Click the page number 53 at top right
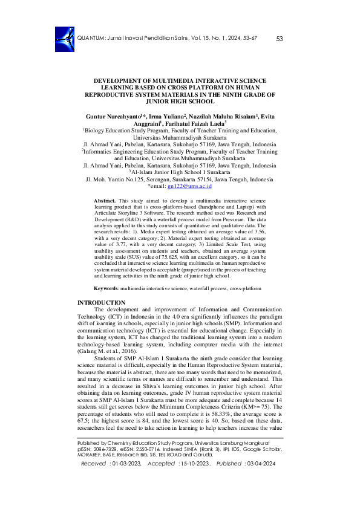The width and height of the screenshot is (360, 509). tap(279, 39)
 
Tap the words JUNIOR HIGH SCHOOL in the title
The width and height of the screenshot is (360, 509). tap(180, 102)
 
